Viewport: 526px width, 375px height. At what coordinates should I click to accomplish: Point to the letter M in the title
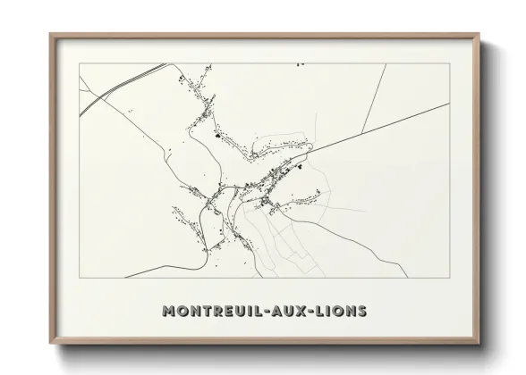pos(168,312)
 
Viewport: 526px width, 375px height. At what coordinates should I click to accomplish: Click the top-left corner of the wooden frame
pos(50,34)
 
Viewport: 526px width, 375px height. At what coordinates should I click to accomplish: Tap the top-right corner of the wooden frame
pos(480,34)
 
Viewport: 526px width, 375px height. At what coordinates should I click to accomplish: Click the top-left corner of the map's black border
pos(79,64)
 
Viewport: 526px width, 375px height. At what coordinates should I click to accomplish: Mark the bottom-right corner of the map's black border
pos(450,277)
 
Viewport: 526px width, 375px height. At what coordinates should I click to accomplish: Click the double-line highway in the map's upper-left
pos(107,92)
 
